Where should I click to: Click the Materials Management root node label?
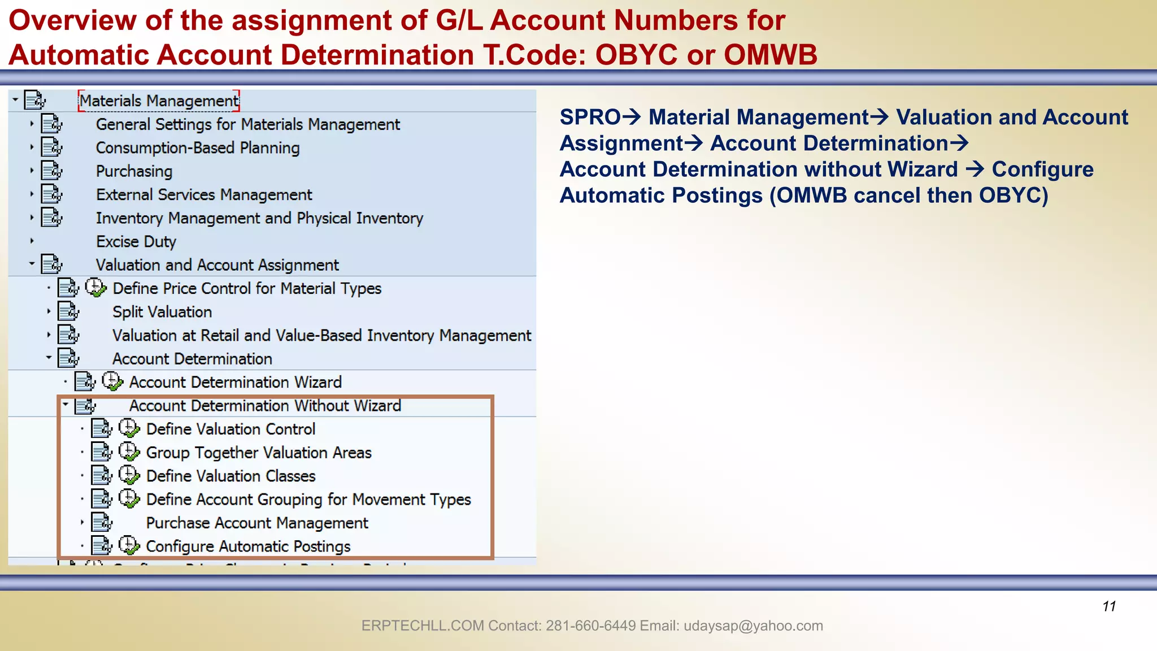click(x=159, y=101)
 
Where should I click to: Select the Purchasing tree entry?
click(x=134, y=171)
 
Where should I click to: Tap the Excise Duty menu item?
click(x=136, y=242)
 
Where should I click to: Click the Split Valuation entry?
click(x=162, y=312)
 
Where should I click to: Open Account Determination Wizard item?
click(x=235, y=383)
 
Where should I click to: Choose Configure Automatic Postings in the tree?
click(x=248, y=546)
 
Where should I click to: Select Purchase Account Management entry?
click(x=257, y=523)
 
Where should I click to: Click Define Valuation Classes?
click(x=230, y=476)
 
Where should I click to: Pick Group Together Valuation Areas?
click(x=259, y=453)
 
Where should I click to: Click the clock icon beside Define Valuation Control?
click(x=129, y=428)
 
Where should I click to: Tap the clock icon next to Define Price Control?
click(x=95, y=288)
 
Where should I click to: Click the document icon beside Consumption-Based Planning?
click(x=52, y=147)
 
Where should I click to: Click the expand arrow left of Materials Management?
click(x=16, y=100)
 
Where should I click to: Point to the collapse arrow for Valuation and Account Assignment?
click(x=32, y=263)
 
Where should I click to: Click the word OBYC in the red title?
click(x=636, y=55)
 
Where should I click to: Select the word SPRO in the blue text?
click(x=590, y=118)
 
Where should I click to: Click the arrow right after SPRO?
click(x=632, y=117)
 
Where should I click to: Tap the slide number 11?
click(x=1109, y=606)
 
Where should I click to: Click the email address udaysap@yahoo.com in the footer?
click(x=753, y=626)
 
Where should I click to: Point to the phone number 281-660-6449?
click(x=591, y=626)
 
